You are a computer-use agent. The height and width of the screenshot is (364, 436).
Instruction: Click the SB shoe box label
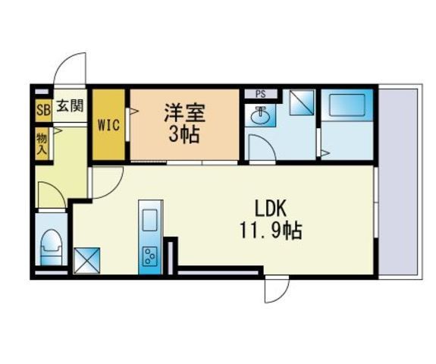(44, 111)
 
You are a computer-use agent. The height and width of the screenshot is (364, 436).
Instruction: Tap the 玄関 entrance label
(70, 106)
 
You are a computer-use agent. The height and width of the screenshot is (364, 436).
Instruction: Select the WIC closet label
(108, 125)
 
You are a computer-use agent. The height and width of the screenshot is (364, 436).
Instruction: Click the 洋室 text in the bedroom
(184, 113)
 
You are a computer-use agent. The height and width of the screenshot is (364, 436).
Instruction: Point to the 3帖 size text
(184, 135)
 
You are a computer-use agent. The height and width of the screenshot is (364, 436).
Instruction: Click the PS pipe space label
(261, 94)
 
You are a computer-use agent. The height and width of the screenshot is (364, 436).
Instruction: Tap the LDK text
(271, 209)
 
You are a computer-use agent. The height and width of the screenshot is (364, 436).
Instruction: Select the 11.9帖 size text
(271, 231)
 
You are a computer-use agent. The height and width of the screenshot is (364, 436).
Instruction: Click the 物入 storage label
(42, 144)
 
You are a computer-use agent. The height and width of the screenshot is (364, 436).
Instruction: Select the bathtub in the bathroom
(347, 105)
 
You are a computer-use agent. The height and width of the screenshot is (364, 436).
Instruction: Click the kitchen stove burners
(150, 256)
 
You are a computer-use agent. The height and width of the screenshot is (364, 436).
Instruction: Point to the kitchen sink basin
(150, 220)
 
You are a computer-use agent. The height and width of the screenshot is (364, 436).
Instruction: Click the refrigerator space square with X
(86, 261)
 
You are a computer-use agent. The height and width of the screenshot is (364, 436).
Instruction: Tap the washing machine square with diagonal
(302, 102)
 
